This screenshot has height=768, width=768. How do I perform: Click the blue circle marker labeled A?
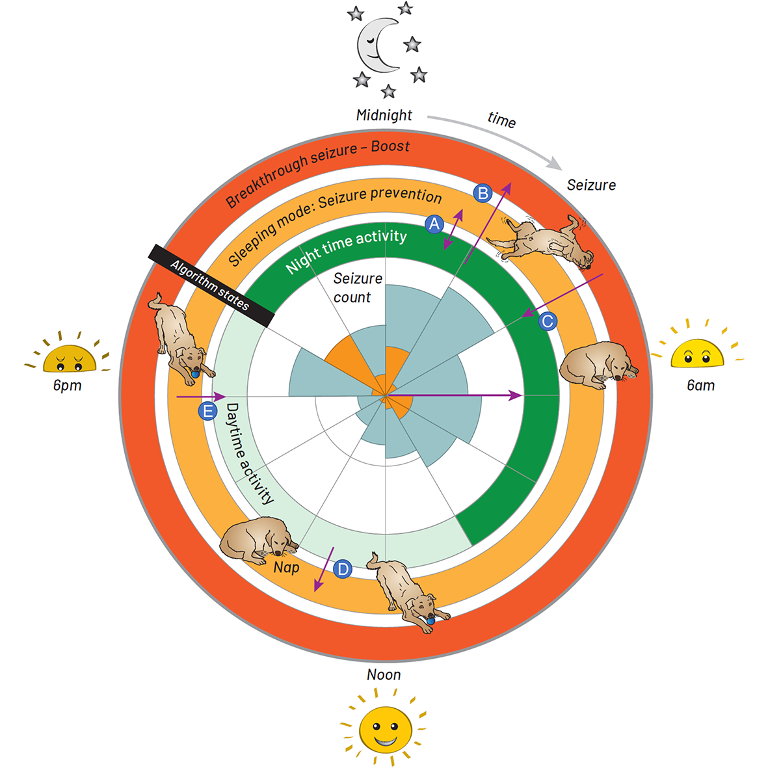coord(434,224)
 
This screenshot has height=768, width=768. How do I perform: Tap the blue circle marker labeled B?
coord(483,193)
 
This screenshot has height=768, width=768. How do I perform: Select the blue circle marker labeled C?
coord(548,321)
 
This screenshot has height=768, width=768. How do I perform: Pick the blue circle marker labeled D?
coord(342,570)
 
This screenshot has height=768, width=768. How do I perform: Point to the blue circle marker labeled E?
coord(207,411)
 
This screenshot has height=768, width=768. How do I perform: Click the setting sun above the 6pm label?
coord(69,358)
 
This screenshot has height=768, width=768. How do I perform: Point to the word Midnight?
coord(384,116)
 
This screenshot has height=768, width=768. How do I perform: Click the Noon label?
coord(384,675)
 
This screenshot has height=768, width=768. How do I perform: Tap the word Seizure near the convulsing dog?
coord(591,185)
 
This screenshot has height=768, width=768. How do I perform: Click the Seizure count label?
coord(357,288)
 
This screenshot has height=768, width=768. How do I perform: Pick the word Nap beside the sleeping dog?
coord(286,568)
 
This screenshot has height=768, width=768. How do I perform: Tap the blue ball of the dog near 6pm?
coord(195,374)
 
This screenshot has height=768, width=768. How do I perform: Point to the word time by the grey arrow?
coord(501,120)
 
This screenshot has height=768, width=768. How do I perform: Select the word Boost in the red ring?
coord(390,146)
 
